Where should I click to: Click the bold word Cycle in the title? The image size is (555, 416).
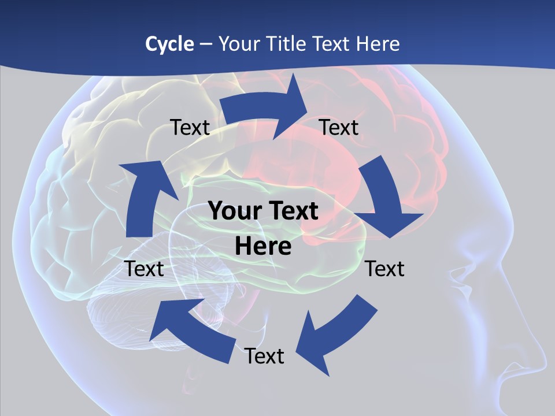pos(169,44)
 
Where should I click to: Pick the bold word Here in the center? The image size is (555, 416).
pos(263,246)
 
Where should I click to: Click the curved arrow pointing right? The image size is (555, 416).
pos(266,107)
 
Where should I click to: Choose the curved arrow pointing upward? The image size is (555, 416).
pos(143,196)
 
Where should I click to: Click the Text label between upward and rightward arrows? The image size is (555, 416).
pos(190,128)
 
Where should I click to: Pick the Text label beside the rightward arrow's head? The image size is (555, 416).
pos(339,127)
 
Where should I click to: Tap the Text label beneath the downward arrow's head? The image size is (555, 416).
pos(385,269)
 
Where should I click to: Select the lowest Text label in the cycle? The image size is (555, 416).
pos(264,356)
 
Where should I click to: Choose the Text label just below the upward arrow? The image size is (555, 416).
pos(144,269)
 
